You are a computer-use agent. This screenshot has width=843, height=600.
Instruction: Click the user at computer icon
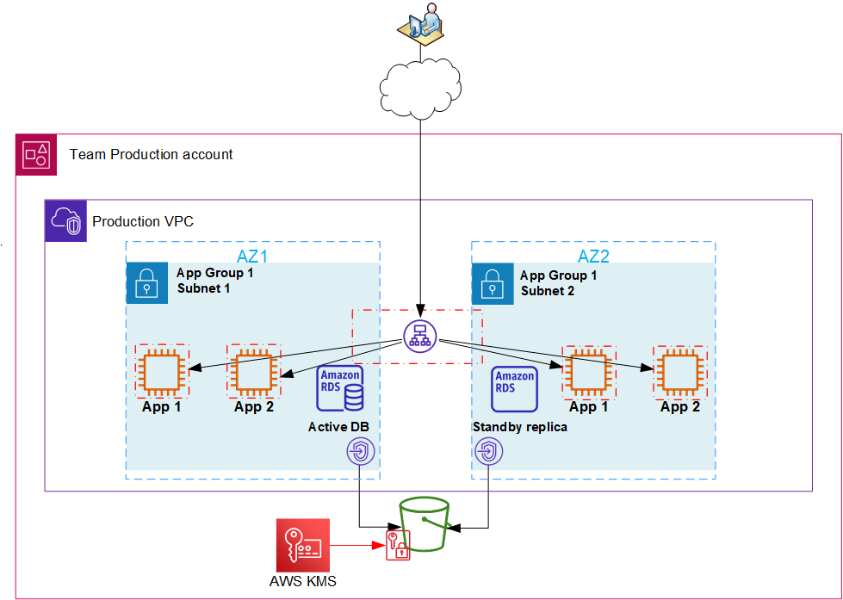422,23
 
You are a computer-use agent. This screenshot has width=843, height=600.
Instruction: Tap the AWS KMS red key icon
302,545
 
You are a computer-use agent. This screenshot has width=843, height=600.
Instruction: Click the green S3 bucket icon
423,523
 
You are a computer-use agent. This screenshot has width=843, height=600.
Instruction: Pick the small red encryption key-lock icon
397,546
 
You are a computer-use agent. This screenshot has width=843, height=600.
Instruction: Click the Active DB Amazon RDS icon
341,388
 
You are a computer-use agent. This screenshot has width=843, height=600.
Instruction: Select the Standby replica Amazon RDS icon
515,388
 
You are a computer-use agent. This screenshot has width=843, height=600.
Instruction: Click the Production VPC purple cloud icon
65,222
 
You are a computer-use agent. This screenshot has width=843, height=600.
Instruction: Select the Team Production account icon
36,155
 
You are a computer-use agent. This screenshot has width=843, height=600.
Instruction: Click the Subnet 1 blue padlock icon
147,283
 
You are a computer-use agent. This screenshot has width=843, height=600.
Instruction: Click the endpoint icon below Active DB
359,451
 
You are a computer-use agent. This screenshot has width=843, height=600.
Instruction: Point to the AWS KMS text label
303,582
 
